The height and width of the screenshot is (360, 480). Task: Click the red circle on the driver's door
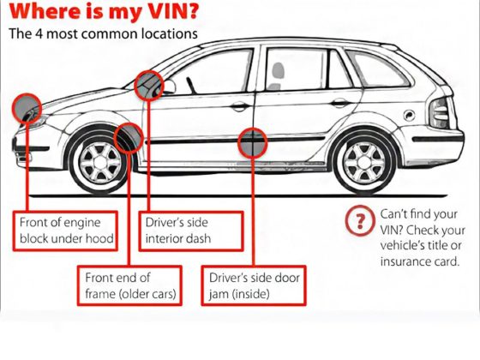[252, 143]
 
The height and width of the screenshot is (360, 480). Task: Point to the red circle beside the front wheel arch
[129, 136]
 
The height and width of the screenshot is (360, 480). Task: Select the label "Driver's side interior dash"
[194, 229]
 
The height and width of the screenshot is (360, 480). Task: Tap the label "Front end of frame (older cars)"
[130, 286]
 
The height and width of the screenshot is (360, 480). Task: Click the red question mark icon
[357, 222]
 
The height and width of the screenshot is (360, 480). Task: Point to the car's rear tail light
[438, 111]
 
